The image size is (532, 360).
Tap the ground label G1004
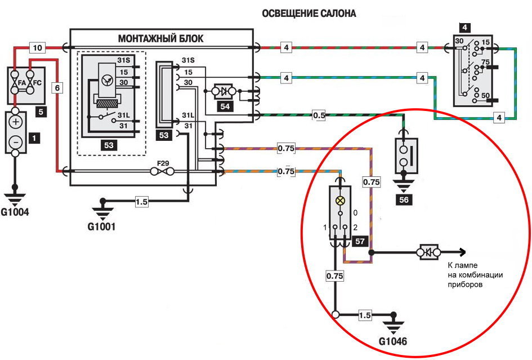pyautogui.click(x=15, y=212)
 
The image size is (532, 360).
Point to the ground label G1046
pyautogui.click(x=393, y=341)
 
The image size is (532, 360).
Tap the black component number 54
pyautogui.click(x=225, y=107)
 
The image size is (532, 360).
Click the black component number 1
pyautogui.click(x=35, y=137)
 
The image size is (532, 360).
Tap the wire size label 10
pyautogui.click(x=37, y=48)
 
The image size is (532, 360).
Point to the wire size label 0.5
pyautogui.click(x=319, y=115)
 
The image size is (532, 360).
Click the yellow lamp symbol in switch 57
pyautogui.click(x=340, y=201)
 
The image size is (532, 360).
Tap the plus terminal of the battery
pyautogui.click(x=16, y=122)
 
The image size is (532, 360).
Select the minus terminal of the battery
pyautogui.click(x=16, y=143)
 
